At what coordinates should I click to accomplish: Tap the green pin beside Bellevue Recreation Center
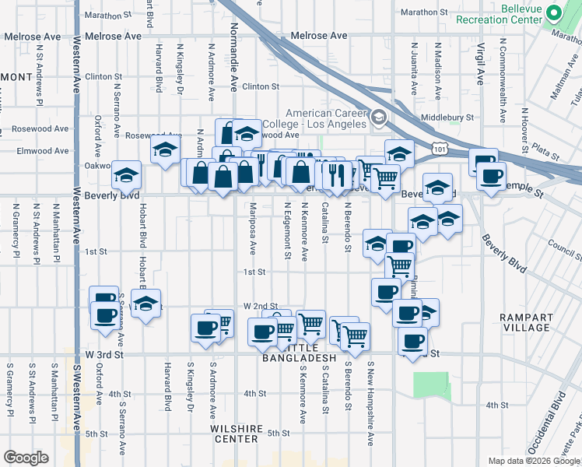pos(553,13)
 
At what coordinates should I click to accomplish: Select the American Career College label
pos(314,119)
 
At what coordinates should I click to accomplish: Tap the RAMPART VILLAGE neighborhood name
pos(526,322)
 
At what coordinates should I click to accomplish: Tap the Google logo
pos(26,458)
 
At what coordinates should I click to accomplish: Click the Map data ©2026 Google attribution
pos(533,461)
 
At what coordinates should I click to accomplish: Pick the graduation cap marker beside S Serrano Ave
pos(145,306)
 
